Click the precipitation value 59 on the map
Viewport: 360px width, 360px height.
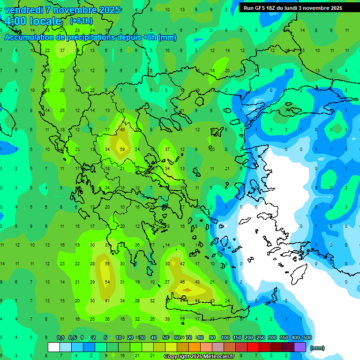point(122,150)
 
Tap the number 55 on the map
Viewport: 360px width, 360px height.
point(107,264)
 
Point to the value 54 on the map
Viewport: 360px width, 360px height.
point(107,282)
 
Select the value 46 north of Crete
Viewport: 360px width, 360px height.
point(182,282)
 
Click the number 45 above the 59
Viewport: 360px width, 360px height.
point(122,130)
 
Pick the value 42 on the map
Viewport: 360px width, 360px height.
point(182,264)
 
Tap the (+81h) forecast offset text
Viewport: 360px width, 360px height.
point(81,21)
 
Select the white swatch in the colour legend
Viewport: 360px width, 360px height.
point(54,347)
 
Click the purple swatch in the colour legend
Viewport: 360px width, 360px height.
point(300,347)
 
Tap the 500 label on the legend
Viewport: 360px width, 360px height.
point(307,337)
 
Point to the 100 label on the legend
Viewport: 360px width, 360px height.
point(225,337)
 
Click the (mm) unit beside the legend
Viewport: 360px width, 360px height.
point(317,348)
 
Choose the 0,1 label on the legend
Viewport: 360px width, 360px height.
point(60,337)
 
